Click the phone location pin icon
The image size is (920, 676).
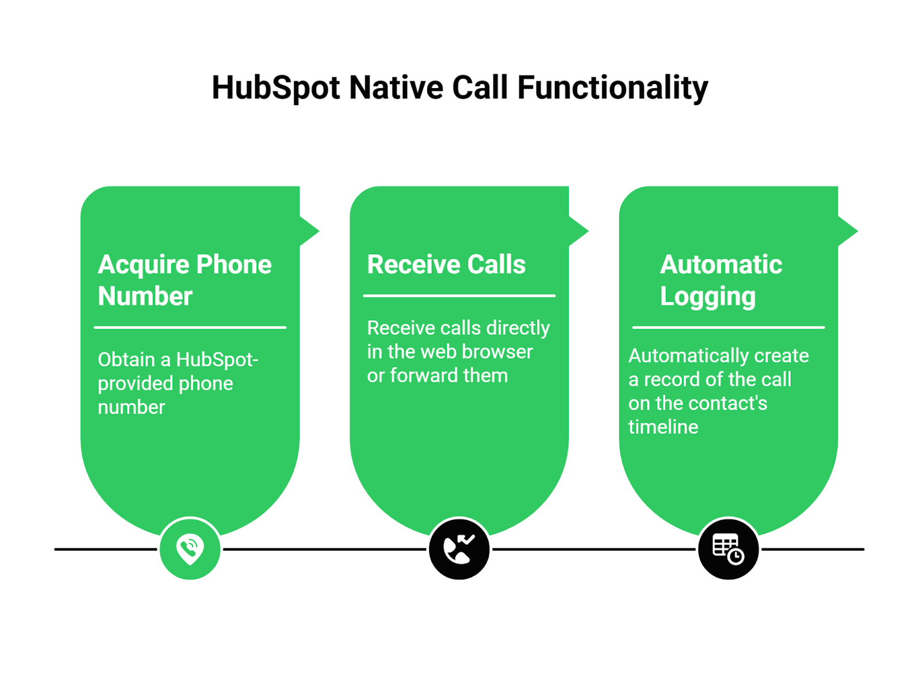[x=190, y=549]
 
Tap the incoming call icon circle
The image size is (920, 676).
[x=459, y=549]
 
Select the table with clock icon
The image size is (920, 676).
[x=728, y=549]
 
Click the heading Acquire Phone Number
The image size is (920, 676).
[x=184, y=280]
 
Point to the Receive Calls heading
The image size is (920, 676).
[x=446, y=265]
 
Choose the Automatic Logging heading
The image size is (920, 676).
[x=720, y=280]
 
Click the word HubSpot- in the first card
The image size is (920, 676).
[x=217, y=360]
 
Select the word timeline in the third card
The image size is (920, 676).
[x=663, y=427]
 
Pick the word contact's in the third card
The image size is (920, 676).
[x=732, y=403]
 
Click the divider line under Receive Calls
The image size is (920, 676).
[x=459, y=296]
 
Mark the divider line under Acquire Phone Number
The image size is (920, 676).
[x=190, y=327]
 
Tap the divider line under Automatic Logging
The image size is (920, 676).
[x=728, y=327]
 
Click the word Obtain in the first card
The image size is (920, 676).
[x=126, y=360]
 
